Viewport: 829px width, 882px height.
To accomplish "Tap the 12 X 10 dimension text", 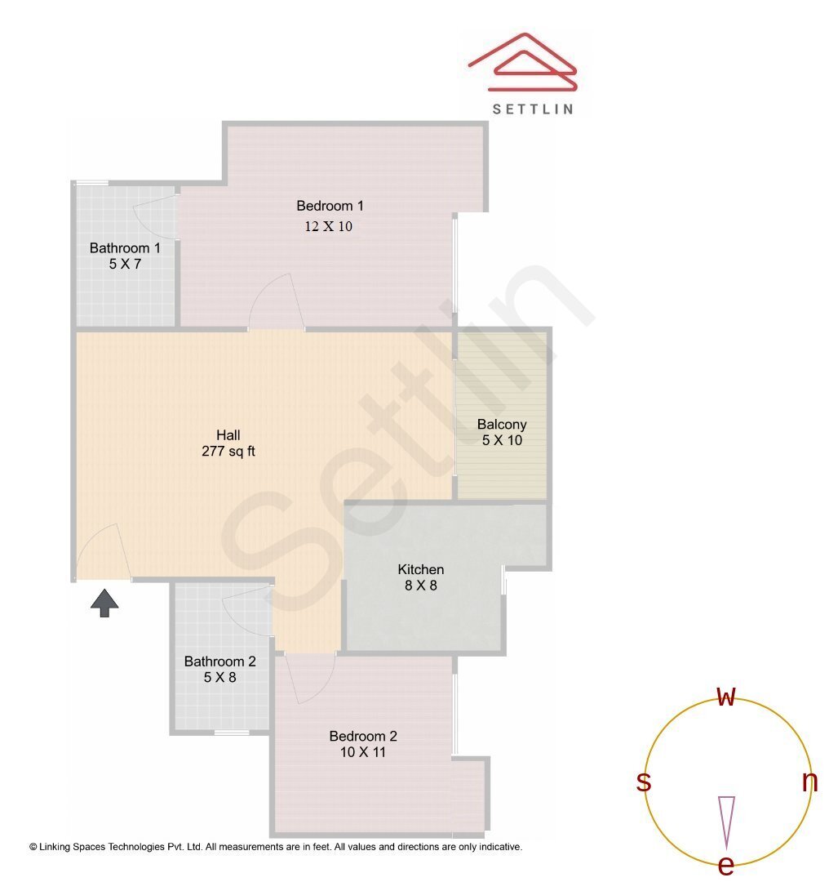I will coord(329,226).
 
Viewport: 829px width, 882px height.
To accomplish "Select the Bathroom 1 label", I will coord(125,247).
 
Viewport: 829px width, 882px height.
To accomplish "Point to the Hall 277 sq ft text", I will coord(228,451).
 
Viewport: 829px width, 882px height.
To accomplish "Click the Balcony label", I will coord(502,425).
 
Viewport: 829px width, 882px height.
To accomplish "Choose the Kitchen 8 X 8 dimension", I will coord(421,586).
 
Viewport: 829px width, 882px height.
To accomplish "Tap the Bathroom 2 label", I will coord(219,661).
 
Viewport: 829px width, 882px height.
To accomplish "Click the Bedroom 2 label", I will coord(363,736).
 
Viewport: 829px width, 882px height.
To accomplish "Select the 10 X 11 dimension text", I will coord(363,752).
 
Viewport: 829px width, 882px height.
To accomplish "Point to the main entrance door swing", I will coord(101,554).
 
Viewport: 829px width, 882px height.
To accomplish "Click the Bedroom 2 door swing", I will coord(311,678).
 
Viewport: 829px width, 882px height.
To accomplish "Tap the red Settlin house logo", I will coord(523,64).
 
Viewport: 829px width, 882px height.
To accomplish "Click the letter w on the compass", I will coord(726,697).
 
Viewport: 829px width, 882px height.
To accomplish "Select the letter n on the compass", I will coord(809,782).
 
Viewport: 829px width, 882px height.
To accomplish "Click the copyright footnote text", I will coord(276,847).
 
